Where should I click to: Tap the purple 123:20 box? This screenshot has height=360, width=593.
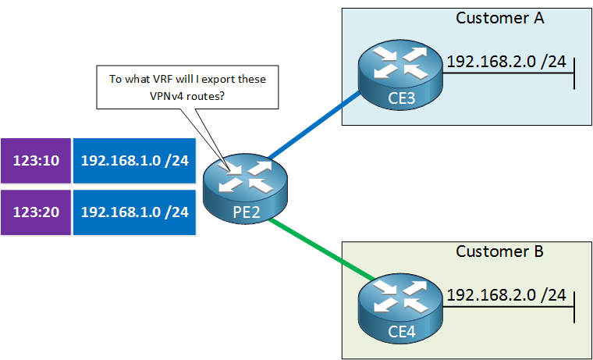click(35, 212)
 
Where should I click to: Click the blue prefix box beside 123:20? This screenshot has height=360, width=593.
click(134, 212)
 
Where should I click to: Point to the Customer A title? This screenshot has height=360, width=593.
click(499, 18)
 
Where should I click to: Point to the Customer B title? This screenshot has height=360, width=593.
click(499, 251)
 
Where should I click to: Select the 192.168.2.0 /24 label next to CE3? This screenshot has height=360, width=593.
click(506, 61)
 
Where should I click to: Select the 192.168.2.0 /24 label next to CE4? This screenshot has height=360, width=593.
click(506, 295)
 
